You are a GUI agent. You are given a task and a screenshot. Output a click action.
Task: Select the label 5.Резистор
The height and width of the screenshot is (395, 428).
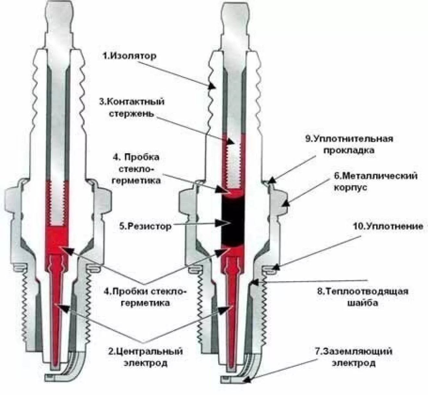pos(145,226)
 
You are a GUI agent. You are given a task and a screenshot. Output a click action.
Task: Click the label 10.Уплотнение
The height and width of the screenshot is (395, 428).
pos(388,226)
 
